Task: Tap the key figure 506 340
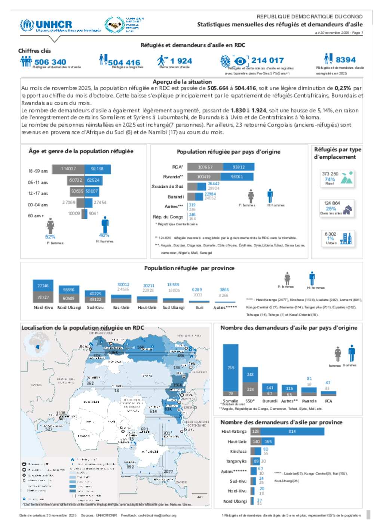tap(50, 62)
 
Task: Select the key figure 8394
tap(345, 60)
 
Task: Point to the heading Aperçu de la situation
tap(182, 82)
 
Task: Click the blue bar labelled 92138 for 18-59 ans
tap(98, 169)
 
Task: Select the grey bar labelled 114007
tap(68, 169)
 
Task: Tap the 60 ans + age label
tap(36, 216)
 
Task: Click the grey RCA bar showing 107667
tap(205, 167)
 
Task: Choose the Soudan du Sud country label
tap(167, 186)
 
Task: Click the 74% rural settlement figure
tap(330, 179)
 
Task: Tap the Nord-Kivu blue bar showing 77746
tap(43, 286)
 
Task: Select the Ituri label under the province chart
tap(200, 308)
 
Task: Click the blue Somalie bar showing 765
tap(231, 367)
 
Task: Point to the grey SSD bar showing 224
tap(250, 389)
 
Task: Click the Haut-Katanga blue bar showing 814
tap(292, 432)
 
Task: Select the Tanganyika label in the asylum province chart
tap(236, 461)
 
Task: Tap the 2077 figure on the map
tap(168, 472)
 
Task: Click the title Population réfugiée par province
tap(189, 268)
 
